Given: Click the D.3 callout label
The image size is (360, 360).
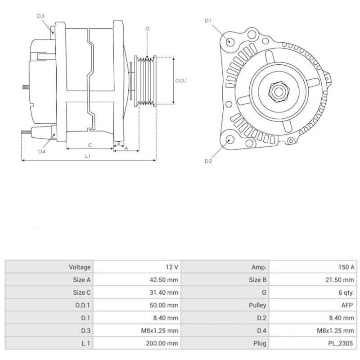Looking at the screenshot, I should tap(40, 17).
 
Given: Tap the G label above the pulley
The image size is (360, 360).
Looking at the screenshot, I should tap(147, 29).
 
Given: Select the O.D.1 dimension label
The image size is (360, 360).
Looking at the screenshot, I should tap(181, 81).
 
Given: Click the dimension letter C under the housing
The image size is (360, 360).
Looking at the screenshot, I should tap(90, 145).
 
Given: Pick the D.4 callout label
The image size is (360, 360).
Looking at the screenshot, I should tap(42, 152).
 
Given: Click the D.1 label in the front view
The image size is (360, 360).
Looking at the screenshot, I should tap(208, 21).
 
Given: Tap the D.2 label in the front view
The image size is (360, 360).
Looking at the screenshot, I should tap(208, 161).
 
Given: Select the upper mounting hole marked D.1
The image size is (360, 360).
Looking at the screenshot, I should tap(230, 42).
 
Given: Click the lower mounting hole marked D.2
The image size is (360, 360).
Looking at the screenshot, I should tap(230, 139).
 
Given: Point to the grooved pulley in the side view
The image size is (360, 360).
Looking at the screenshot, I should tap(146, 81).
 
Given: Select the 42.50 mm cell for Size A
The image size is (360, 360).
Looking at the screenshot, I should tap(164, 279).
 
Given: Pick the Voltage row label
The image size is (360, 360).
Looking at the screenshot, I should tap(80, 267).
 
